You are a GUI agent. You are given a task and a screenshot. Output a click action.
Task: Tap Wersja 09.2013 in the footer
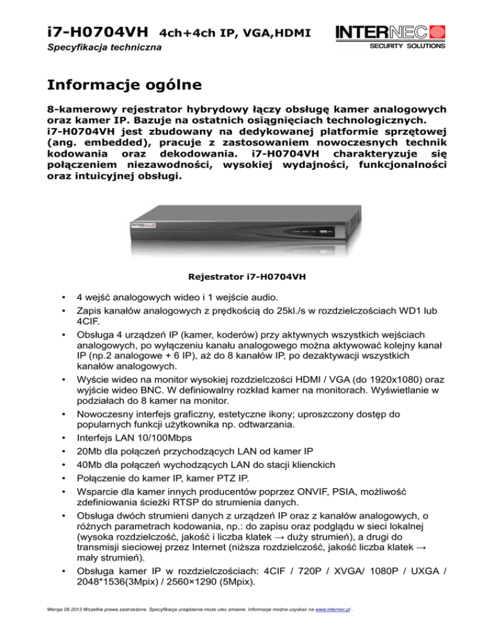pos(62,628)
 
